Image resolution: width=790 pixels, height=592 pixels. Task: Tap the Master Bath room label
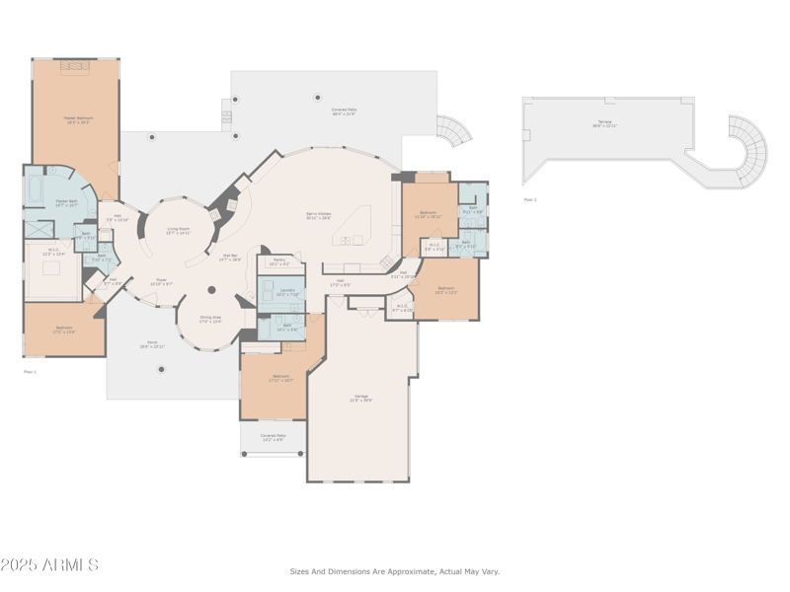[67, 202]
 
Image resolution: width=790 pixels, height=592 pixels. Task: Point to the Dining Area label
[210, 319]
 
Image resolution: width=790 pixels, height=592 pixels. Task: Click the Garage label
[361, 398]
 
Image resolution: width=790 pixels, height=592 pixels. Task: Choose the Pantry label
[278, 262]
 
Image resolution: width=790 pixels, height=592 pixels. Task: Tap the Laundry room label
[285, 291]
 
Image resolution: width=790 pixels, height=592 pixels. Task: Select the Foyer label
[161, 281]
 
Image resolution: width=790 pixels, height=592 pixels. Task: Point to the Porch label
[152, 344]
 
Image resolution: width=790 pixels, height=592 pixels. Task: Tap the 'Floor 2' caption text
[530, 199]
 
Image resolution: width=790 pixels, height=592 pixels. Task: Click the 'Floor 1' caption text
[30, 371]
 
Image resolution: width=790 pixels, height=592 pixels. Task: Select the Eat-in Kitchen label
[318, 215]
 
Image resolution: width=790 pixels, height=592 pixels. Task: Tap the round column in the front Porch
[161, 369]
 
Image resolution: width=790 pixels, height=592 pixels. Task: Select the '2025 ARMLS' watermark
[49, 565]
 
